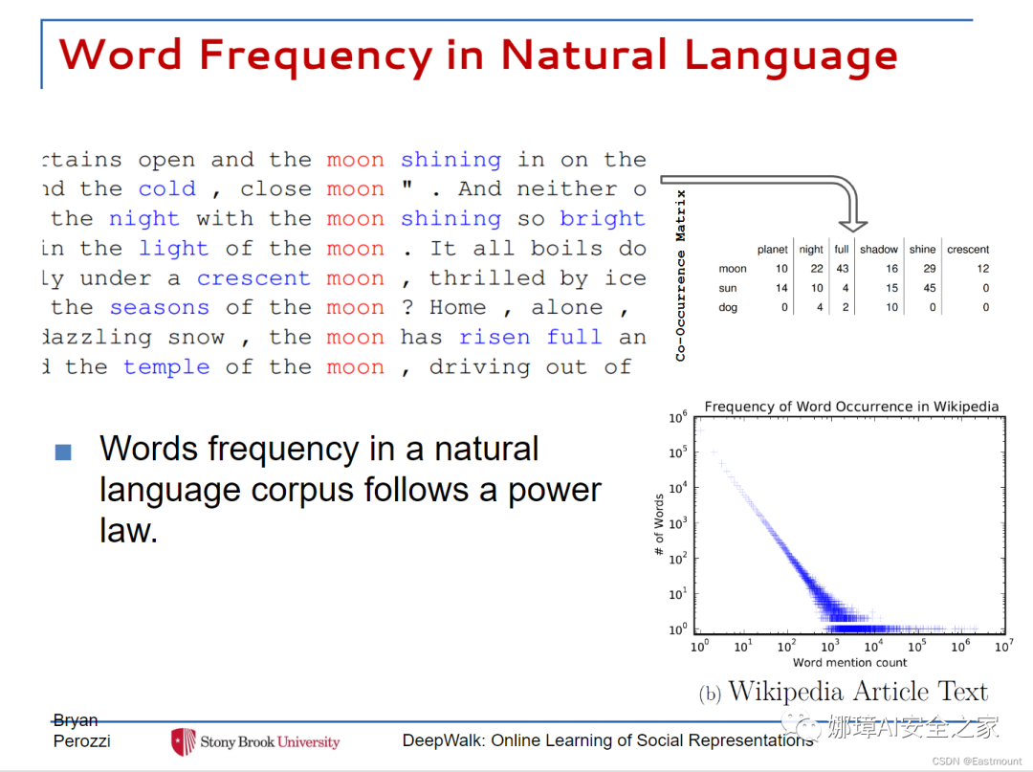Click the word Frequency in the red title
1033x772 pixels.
point(316,56)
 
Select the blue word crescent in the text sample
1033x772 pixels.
point(253,278)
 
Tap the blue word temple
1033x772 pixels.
point(166,367)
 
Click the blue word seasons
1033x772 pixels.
point(160,308)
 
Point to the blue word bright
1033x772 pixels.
point(603,219)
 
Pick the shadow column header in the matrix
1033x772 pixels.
point(879,249)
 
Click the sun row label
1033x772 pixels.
point(727,288)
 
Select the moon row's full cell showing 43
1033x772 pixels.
point(842,268)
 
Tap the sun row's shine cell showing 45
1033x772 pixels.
point(929,288)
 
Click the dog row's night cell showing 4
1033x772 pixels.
point(820,307)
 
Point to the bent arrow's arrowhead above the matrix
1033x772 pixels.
point(853,226)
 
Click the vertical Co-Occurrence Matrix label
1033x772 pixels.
point(681,276)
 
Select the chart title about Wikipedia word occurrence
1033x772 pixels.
point(851,407)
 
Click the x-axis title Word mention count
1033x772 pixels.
point(850,662)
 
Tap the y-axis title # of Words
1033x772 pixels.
point(659,524)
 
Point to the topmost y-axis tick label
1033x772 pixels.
point(678,417)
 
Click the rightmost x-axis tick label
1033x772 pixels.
point(1004,646)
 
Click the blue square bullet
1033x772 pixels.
point(63,452)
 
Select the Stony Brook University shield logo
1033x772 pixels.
point(183,741)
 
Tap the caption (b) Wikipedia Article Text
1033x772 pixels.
point(844,692)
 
